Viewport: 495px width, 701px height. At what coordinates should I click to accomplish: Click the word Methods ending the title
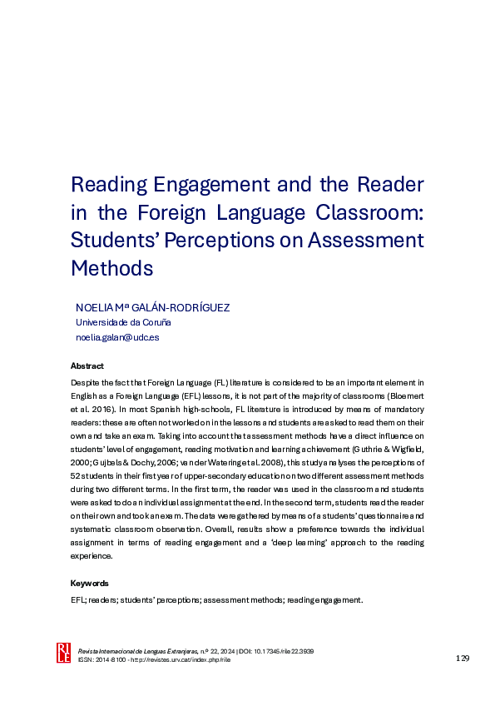(112, 269)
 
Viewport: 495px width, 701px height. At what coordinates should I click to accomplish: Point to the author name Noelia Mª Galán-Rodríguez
(152, 307)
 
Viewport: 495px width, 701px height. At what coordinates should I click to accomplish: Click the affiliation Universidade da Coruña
(123, 322)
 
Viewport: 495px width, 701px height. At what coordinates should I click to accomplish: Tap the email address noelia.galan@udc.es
(117, 337)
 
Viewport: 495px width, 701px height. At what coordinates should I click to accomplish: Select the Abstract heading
(87, 366)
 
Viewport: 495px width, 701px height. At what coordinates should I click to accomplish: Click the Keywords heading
(90, 584)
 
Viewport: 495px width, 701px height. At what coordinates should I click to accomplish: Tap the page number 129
(463, 659)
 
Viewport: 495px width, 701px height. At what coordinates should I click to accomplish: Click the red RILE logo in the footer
(63, 654)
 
